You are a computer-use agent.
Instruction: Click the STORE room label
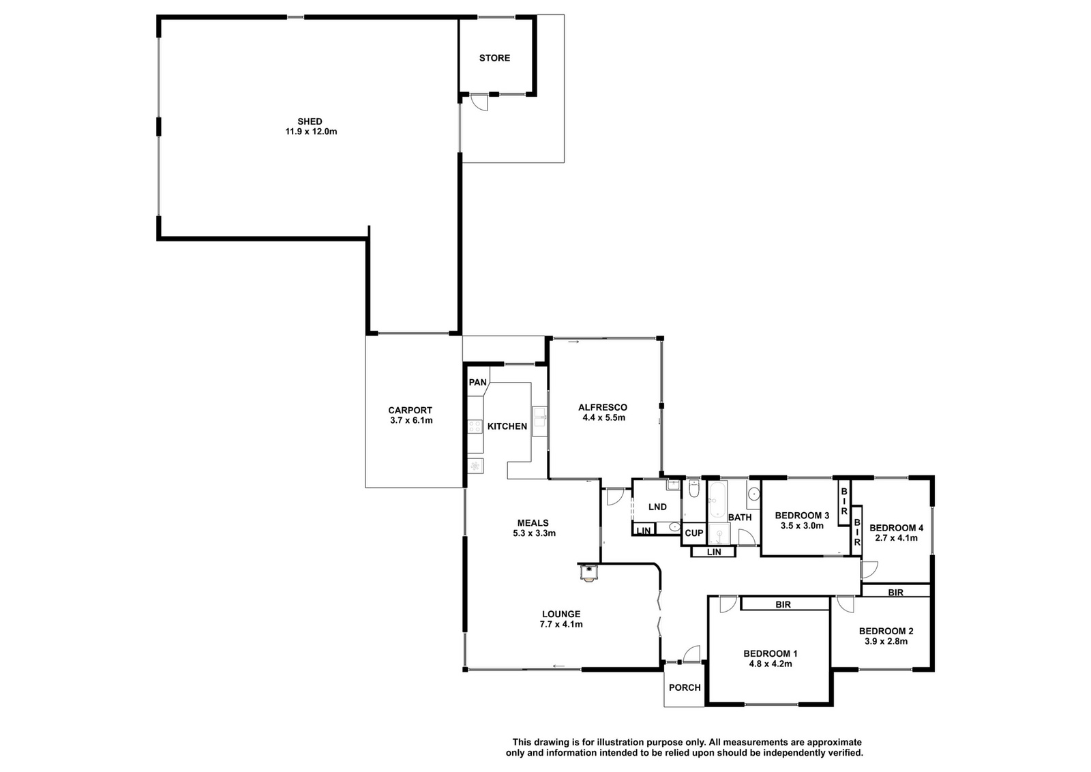pos(494,58)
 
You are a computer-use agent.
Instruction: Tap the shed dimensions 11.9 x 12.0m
pos(311,132)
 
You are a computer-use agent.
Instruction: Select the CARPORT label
pos(410,410)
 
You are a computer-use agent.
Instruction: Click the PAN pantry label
pos(477,383)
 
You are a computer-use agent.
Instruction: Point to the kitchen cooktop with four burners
pos(475,427)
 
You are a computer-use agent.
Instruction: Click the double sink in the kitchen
pos(539,421)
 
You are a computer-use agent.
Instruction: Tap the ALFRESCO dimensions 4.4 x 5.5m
pos(604,417)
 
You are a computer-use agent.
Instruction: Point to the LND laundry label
pos(657,507)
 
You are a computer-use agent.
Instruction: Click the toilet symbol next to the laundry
pos(694,488)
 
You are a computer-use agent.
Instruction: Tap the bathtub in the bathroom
pos(717,500)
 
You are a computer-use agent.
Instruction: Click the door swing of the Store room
pos(479,102)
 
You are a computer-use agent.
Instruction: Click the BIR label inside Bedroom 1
pos(783,604)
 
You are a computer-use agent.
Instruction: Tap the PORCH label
pos(685,687)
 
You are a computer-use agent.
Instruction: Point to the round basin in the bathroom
pos(753,494)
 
